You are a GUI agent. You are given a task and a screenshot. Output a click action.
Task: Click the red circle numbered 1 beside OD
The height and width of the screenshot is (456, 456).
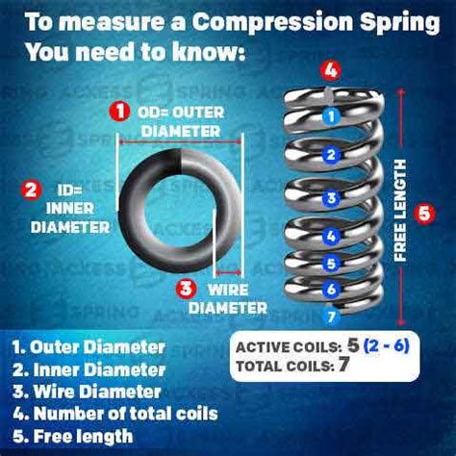119,112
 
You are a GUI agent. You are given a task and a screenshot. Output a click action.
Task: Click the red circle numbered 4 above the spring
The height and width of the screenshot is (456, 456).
330,70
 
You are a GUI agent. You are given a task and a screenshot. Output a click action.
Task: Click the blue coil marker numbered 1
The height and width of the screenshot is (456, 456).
330,116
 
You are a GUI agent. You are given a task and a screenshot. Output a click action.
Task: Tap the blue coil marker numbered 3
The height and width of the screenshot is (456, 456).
330,198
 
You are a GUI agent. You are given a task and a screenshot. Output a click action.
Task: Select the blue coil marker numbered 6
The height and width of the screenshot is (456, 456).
330,288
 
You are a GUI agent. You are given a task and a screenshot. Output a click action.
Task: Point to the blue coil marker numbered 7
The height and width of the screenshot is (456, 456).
330,316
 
